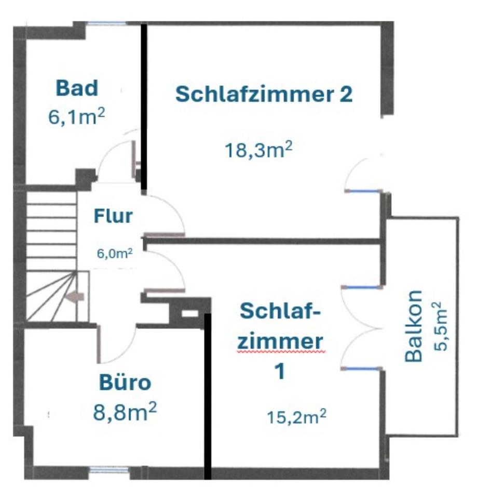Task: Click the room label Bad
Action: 77,88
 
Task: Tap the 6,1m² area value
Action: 77,117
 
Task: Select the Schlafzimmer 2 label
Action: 264,95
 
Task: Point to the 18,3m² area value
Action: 258,150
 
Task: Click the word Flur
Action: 113,215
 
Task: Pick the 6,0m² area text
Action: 115,254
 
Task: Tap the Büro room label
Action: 125,384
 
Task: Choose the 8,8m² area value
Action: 125,414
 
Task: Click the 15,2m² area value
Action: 297,416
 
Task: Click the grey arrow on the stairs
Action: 76,296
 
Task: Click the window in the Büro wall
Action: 108,471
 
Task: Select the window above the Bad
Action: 106,23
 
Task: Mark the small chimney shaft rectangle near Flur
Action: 189,313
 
